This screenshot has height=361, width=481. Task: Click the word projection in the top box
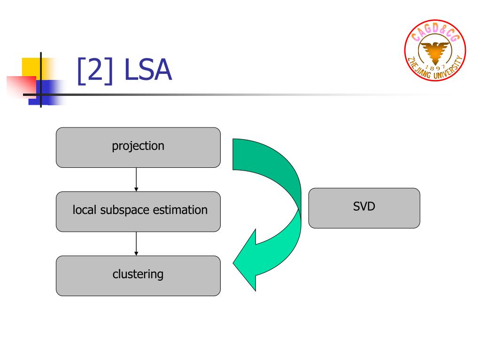pos(138,146)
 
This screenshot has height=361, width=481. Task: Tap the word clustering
pos(138,274)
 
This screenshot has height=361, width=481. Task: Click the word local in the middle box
pos(84,210)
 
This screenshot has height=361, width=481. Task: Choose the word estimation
pos(180,210)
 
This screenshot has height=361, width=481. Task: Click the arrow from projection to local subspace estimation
pos(136,179)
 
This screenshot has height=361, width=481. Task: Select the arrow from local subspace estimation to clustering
pos(136,243)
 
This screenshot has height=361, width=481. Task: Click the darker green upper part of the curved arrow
pos(277,165)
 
